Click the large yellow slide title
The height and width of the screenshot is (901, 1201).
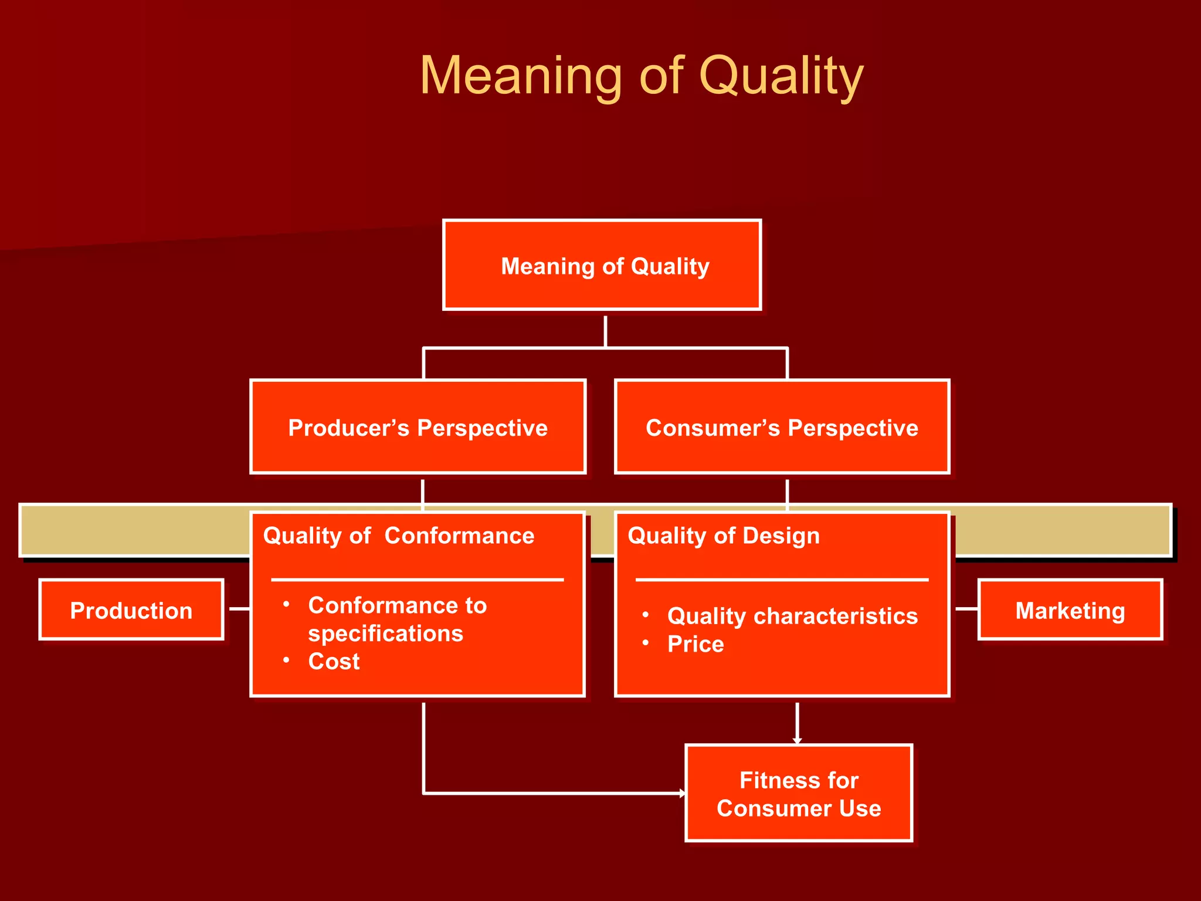pos(642,76)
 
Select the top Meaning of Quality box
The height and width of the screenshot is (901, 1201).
pos(602,265)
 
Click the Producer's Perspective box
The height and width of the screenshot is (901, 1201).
pos(418,427)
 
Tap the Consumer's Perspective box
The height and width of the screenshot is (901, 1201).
pos(782,427)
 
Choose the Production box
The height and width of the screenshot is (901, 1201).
pos(131,610)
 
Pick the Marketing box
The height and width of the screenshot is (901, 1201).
pos(1070,610)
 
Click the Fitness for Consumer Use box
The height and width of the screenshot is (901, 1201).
pos(799,794)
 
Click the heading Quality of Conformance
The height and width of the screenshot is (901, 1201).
pos(399,536)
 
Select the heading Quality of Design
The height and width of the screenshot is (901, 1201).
pos(724,536)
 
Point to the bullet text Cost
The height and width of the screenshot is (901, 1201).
pos(334,661)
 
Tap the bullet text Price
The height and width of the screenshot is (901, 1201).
pos(696,644)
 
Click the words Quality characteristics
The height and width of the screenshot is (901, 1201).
pos(792,616)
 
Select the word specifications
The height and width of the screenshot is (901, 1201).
pos(385,634)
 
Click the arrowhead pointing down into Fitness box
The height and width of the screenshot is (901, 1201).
pos(797,741)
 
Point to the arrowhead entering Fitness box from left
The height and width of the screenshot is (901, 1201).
pos(682,793)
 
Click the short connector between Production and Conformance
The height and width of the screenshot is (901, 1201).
pos(239,609)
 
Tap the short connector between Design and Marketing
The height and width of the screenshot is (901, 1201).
pos(966,609)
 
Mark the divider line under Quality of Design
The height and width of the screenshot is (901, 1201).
pos(782,580)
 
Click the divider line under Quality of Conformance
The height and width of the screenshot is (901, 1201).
pos(418,580)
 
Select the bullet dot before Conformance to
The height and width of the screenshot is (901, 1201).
pos(286,604)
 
